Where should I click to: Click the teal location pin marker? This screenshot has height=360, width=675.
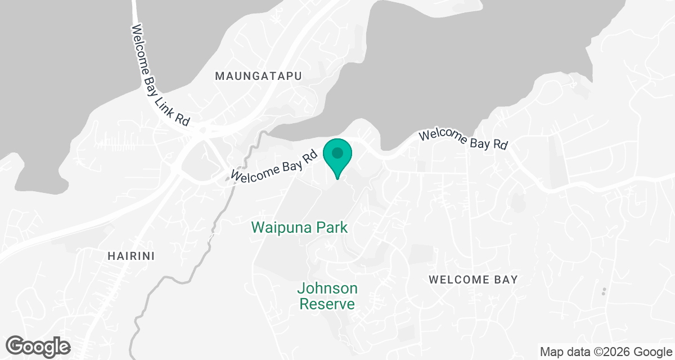coord(337,156)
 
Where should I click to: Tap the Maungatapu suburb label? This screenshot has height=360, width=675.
coord(259,76)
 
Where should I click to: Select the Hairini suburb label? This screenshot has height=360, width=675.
coord(130,256)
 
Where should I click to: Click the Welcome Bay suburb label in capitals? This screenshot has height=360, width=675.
coord(473,280)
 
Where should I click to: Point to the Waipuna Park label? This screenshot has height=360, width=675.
coord(300,228)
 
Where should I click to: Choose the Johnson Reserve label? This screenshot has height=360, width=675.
coord(327,296)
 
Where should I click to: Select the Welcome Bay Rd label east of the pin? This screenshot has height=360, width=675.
coord(463,139)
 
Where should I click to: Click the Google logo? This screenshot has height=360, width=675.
coord(38,346)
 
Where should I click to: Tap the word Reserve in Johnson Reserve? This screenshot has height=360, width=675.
coord(327,304)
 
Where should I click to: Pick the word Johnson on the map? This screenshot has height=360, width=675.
coord(327,289)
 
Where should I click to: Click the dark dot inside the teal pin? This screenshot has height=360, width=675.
coord(337,152)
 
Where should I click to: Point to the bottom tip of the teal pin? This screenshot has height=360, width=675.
coord(337,178)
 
